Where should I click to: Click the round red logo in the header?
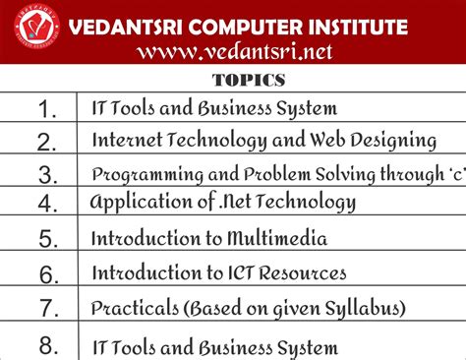click(x=35, y=30)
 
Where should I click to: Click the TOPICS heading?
click(x=248, y=80)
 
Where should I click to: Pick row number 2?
click(x=46, y=142)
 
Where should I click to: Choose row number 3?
click(x=46, y=174)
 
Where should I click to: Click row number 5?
click(x=46, y=239)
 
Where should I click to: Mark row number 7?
click(x=46, y=309)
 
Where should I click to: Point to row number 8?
click(x=46, y=344)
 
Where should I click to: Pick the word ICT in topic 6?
click(x=246, y=272)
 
